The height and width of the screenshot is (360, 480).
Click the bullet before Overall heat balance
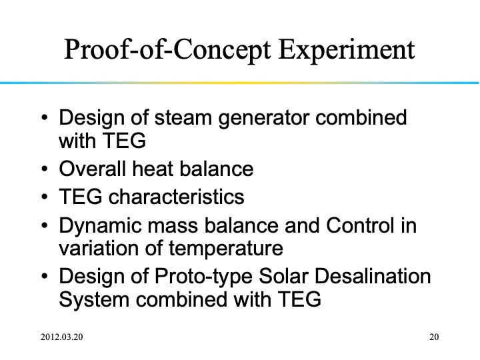(44, 169)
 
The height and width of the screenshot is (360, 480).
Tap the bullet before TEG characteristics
(44, 198)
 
